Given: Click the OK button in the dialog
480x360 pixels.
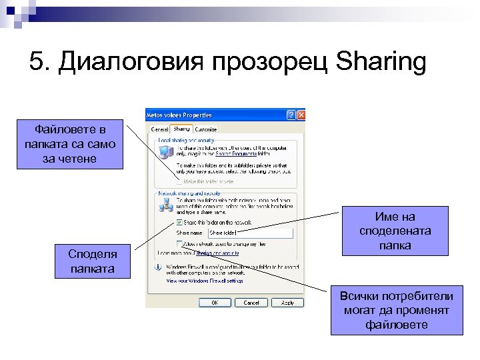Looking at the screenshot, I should tap(215, 302).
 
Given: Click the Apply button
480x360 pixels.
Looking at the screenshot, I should tap(287, 302).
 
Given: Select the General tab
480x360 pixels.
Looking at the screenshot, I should tap(159, 129).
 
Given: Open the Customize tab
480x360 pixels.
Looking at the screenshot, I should tap(205, 129).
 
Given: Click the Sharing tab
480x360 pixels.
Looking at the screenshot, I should tap(181, 128).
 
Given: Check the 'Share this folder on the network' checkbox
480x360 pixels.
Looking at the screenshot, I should tap(179, 222).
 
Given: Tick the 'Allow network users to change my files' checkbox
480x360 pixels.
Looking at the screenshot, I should tap(179, 244).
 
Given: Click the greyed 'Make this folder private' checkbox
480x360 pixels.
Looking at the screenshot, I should tap(179, 181).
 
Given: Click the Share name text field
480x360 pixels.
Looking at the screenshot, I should tap(250, 233).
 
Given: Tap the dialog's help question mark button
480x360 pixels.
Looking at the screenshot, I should tap(291, 115).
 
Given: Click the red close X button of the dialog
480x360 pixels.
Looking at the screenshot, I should tap(301, 115).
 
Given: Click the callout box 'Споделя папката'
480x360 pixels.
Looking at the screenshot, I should tap(92, 262).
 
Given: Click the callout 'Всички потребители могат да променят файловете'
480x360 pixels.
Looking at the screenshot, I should tap(396, 310).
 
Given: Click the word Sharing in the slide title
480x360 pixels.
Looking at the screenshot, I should tap(381, 63).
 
